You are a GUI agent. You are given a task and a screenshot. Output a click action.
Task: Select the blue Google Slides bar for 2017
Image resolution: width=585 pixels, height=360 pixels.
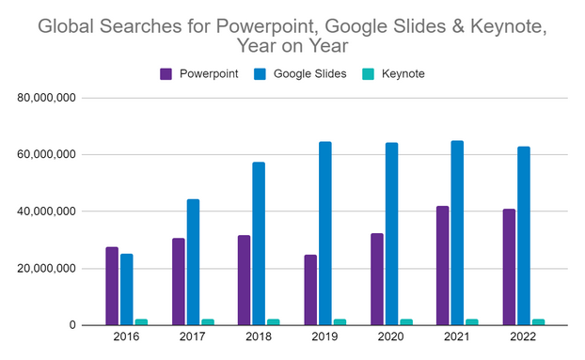(193, 262)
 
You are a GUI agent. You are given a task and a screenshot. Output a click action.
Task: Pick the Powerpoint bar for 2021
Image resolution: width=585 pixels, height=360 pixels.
(443, 265)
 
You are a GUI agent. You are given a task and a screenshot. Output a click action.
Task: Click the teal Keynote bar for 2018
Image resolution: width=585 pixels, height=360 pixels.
(273, 322)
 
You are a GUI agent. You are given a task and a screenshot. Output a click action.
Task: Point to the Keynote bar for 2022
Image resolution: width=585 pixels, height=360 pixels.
(538, 322)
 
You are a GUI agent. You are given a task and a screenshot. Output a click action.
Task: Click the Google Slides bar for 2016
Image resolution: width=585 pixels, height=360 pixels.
(126, 290)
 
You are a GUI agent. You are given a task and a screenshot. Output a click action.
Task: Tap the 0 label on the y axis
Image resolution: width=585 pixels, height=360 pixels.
(71, 325)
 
